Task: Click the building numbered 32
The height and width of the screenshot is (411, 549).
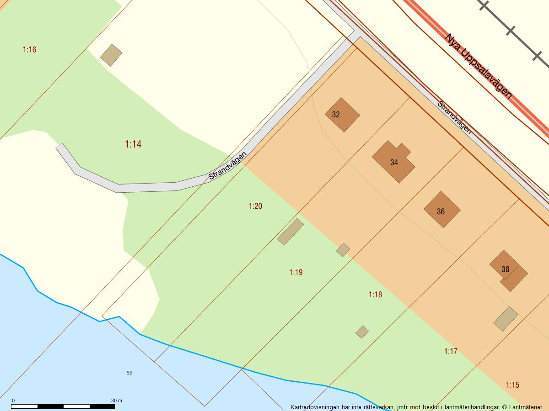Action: tap(342, 115)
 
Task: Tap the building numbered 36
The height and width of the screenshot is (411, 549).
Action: tap(441, 210)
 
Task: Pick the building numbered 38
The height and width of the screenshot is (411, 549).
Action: tap(507, 270)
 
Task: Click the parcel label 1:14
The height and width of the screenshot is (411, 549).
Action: tap(133, 144)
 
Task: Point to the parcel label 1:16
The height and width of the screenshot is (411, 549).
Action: tap(29, 49)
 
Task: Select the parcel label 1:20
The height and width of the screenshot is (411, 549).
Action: tap(255, 206)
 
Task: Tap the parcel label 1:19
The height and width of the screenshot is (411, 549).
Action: tap(296, 272)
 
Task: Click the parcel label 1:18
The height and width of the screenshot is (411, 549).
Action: tap(375, 295)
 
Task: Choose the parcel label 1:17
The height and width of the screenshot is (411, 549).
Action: tap(451, 351)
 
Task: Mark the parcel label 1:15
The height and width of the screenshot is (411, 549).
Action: tap(512, 385)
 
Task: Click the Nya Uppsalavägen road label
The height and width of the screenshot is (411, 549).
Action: tap(478, 66)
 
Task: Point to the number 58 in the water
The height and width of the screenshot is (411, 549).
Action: tap(129, 373)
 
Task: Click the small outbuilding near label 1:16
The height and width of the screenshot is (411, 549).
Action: tap(111, 55)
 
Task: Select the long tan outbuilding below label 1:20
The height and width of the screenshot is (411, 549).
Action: tap(291, 232)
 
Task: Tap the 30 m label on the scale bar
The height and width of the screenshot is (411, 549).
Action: tap(117, 400)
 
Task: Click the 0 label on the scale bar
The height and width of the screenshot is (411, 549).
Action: tap(13, 400)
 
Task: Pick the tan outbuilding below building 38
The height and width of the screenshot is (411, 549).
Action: tap(506, 318)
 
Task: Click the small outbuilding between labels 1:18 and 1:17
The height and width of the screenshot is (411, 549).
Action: tap(362, 332)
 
